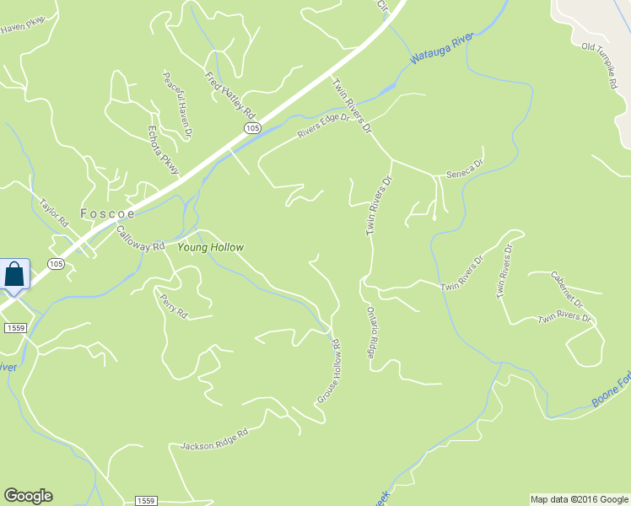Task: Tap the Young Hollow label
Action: (x=210, y=247)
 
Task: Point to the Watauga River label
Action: (x=441, y=49)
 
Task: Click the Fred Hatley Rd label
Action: (x=229, y=94)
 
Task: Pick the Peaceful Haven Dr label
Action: (x=178, y=104)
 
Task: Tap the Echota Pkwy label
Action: (x=164, y=149)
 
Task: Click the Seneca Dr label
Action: (x=465, y=168)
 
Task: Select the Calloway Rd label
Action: (x=140, y=240)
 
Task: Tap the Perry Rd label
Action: (x=171, y=304)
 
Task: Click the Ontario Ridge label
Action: (x=371, y=332)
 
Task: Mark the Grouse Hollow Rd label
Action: (x=328, y=370)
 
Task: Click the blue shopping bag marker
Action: (x=15, y=275)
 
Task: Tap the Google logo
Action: (x=28, y=496)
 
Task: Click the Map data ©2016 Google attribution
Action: (x=578, y=499)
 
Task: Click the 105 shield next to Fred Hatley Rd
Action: (x=252, y=127)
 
